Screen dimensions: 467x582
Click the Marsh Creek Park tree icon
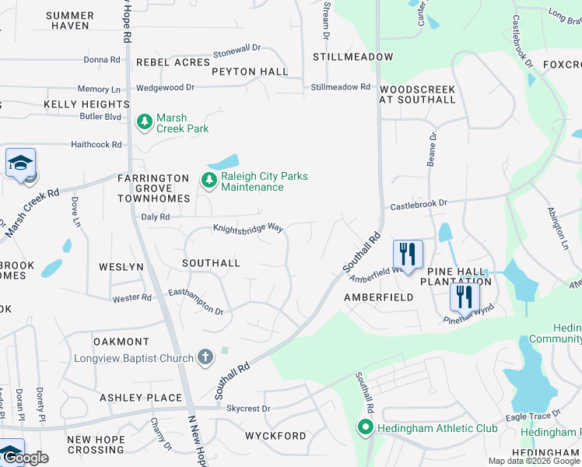tap(144, 121)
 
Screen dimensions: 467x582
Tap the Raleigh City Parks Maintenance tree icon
tap(209, 181)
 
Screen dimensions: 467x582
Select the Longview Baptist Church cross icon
tap(205, 358)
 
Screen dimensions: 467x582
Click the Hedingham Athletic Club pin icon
tap(365, 427)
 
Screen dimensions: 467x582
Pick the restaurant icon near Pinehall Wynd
tap(465, 297)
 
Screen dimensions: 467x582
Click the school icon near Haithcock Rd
tap(20, 163)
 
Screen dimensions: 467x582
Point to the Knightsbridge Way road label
tap(248, 228)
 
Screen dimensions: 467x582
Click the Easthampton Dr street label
tap(196, 302)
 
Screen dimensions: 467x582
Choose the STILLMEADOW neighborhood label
tap(352, 57)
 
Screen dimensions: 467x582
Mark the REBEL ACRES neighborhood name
tap(173, 61)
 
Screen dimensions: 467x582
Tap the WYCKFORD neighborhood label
tap(275, 435)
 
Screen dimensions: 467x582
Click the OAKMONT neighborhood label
tap(121, 342)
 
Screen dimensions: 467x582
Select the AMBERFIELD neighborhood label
tap(379, 297)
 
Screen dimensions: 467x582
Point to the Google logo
tap(25, 458)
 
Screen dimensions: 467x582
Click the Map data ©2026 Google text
tap(534, 461)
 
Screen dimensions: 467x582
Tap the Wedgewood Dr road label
tap(164, 87)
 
